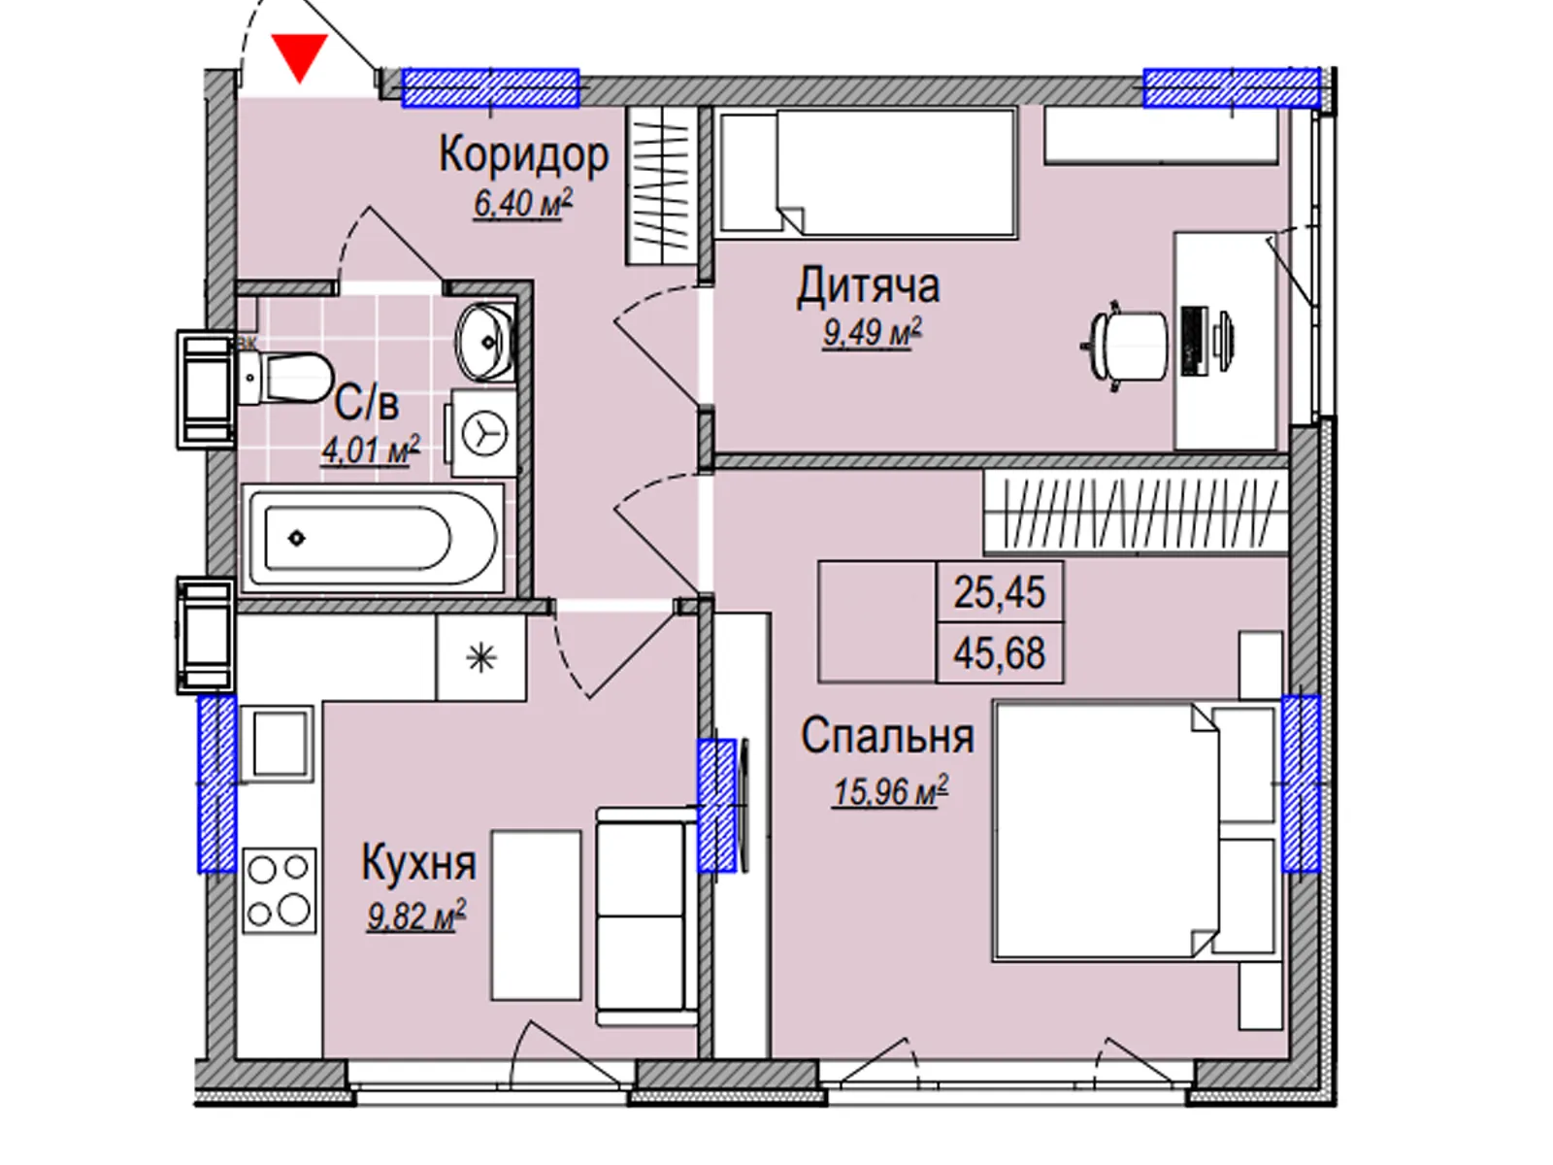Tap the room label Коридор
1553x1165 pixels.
pyautogui.click(x=523, y=154)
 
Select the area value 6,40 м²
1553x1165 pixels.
pyautogui.click(x=523, y=204)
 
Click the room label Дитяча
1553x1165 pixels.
pyautogui.click(x=868, y=287)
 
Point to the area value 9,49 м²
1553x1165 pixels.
pyautogui.click(x=873, y=332)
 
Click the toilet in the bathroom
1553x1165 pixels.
pyautogui.click(x=284, y=377)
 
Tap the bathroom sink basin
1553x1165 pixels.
pyautogui.click(x=484, y=343)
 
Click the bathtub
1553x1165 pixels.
pyautogui.click(x=373, y=538)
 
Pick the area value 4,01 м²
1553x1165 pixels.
pyautogui.click(x=370, y=449)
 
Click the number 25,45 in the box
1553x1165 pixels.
pyautogui.click(x=999, y=593)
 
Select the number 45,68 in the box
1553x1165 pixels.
pyautogui.click(x=999, y=652)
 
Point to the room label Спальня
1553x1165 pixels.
pyautogui.click(x=887, y=736)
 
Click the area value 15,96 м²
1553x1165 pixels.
pyautogui.click(x=891, y=792)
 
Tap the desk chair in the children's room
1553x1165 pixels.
pyautogui.click(x=1125, y=347)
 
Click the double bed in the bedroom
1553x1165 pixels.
pyautogui.click(x=1137, y=830)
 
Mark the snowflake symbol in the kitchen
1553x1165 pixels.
pyautogui.click(x=481, y=658)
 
